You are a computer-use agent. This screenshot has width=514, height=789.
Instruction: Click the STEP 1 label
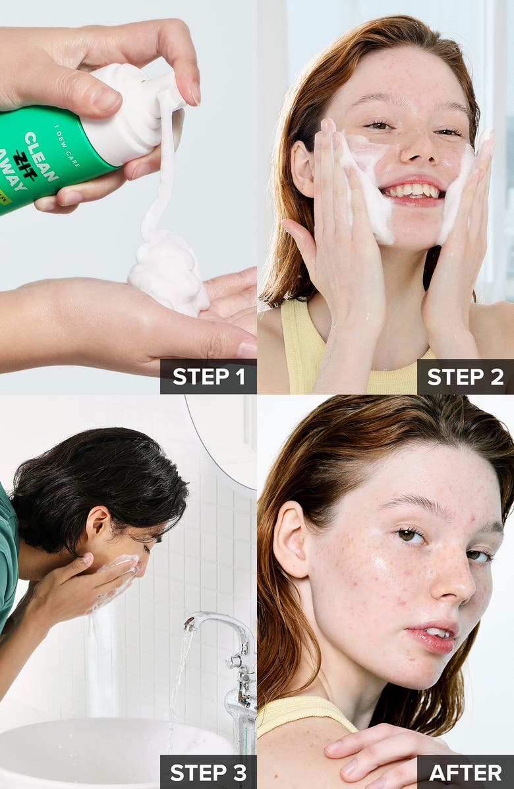[x=208, y=377]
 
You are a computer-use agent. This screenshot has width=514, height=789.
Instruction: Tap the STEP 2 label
[x=465, y=377]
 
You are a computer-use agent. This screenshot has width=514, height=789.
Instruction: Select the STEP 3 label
[x=208, y=773]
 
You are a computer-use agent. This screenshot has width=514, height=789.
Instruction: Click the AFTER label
[x=465, y=773]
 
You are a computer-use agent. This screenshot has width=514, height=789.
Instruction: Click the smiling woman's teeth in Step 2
[x=413, y=191]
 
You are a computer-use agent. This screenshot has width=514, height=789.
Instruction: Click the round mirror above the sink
[x=224, y=442]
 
